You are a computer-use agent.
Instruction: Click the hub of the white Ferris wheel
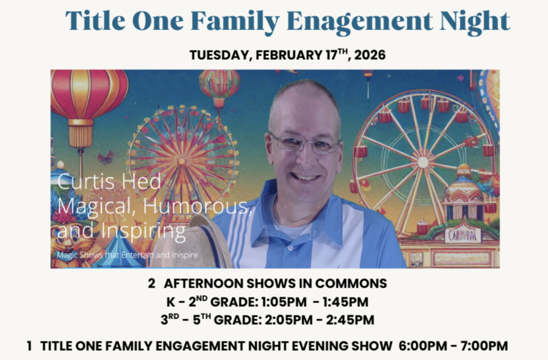(x=423, y=161)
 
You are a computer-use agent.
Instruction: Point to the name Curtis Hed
(x=109, y=181)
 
